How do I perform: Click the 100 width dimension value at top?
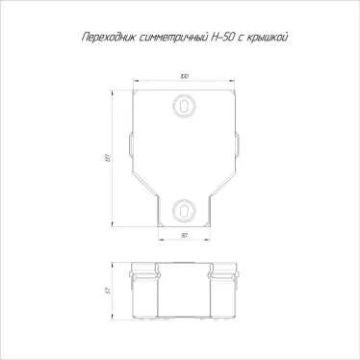tap(181, 76)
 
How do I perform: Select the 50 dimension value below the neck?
tap(182, 234)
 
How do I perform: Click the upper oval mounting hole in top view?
tap(181, 105)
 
